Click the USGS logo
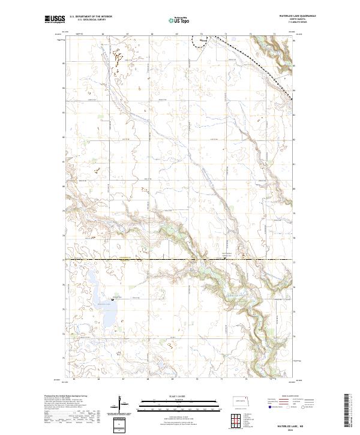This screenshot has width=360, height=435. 55,20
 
